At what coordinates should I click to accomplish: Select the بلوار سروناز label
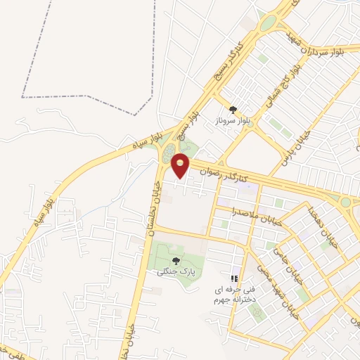pos(232,121)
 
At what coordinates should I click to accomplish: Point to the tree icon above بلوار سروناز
pos(233,109)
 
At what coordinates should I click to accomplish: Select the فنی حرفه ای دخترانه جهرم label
pos(232,296)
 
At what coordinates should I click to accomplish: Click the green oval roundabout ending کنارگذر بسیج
pos(268,23)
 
